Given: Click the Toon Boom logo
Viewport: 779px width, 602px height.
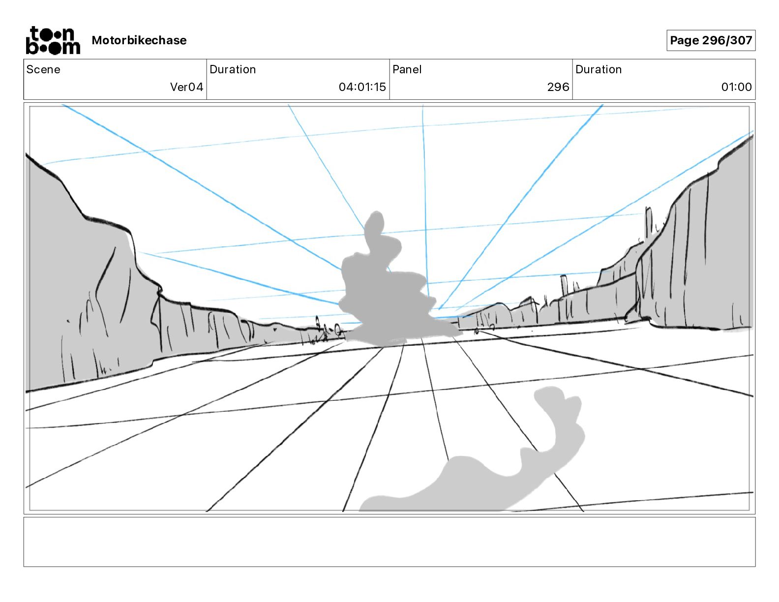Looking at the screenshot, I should pyautogui.click(x=53, y=40).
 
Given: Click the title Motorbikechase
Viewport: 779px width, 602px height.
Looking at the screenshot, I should pyautogui.click(x=139, y=40).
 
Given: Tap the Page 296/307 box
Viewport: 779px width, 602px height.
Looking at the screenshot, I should pyautogui.click(x=711, y=40).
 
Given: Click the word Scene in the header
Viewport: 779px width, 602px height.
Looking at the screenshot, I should pyautogui.click(x=43, y=69).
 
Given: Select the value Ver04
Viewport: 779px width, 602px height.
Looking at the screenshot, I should pyautogui.click(x=186, y=87).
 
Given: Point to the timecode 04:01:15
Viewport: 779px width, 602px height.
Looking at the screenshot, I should pyautogui.click(x=362, y=87).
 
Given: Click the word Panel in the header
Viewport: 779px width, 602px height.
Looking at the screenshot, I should pyautogui.click(x=407, y=69).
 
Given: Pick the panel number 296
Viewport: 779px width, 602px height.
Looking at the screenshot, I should pyautogui.click(x=558, y=87).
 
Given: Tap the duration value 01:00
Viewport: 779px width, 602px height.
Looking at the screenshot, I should pyautogui.click(x=736, y=87).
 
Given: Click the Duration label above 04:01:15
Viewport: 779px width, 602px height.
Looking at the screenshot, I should pyautogui.click(x=233, y=69).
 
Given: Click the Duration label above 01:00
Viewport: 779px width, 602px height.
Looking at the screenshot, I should pyautogui.click(x=599, y=69).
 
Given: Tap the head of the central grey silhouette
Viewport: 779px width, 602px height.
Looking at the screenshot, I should pyautogui.click(x=376, y=224).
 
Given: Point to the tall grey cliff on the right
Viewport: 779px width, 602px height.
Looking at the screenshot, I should pyautogui.click(x=703, y=256).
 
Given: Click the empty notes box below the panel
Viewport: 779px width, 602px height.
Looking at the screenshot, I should pyautogui.click(x=389, y=542).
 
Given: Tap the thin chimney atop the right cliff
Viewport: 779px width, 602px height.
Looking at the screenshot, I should pyautogui.click(x=649, y=224).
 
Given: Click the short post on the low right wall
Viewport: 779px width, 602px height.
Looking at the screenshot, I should pyautogui.click(x=564, y=285).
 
